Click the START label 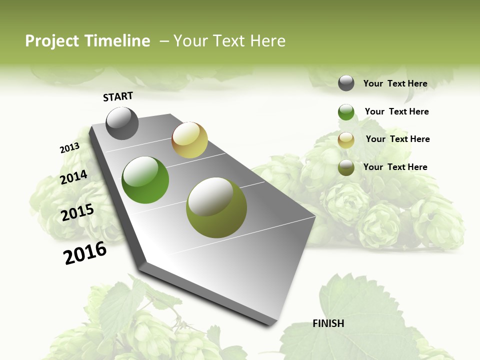coord(118,96)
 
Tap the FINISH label coord(328,323)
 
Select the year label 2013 coord(69,148)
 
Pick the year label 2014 coord(73,177)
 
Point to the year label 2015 coord(77,212)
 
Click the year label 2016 coord(85,253)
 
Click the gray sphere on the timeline coord(122,123)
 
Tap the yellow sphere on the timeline coord(189,140)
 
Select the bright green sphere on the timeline coord(145,180)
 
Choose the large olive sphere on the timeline coord(216,207)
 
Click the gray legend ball coord(346,83)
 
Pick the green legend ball coord(346,112)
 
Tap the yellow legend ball coord(346,140)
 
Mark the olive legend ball coord(346,167)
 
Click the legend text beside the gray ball coord(395,83)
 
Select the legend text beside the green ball coord(396,111)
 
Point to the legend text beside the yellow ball coord(397,139)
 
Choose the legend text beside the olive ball coord(395,167)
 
